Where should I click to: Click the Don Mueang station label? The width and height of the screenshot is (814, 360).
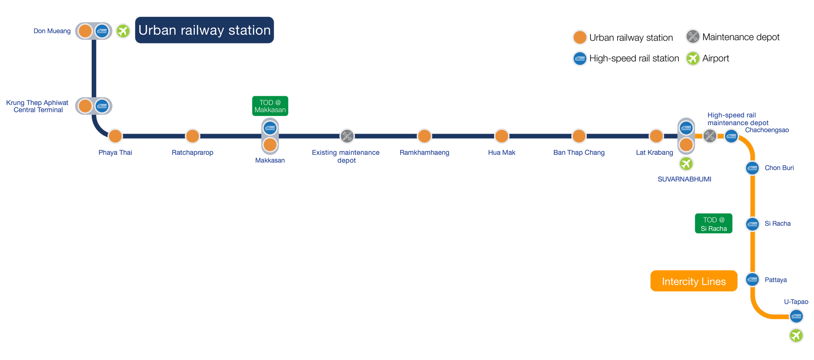(52, 31)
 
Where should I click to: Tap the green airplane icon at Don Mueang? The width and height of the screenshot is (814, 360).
(123, 31)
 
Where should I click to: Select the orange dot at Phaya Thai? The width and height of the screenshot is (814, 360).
(115, 136)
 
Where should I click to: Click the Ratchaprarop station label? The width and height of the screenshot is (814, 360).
(192, 153)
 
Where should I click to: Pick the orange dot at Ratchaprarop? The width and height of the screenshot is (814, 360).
(192, 136)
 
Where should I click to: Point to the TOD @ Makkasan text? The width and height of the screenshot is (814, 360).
(270, 107)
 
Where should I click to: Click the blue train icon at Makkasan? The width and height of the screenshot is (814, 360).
(270, 128)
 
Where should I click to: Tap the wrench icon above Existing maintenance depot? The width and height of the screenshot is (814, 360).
(347, 136)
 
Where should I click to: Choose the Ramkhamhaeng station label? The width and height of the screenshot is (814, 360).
(424, 153)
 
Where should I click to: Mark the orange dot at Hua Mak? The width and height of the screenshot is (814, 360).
(502, 136)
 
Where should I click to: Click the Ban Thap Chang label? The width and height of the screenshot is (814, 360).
(579, 153)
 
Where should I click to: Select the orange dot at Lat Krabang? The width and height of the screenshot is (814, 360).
(656, 136)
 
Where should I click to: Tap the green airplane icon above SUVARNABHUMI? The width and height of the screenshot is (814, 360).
(686, 163)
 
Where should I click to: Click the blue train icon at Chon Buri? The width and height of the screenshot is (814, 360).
(752, 168)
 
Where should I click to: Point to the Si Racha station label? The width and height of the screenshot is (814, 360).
(777, 224)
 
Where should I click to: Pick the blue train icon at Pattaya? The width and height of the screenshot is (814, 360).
(752, 280)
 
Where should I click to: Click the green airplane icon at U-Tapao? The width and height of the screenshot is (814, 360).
(796, 335)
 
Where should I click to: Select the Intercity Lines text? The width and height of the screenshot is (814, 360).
(694, 282)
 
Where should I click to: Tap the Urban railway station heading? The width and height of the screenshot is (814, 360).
(204, 31)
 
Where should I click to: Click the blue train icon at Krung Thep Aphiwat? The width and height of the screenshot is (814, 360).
(102, 106)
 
